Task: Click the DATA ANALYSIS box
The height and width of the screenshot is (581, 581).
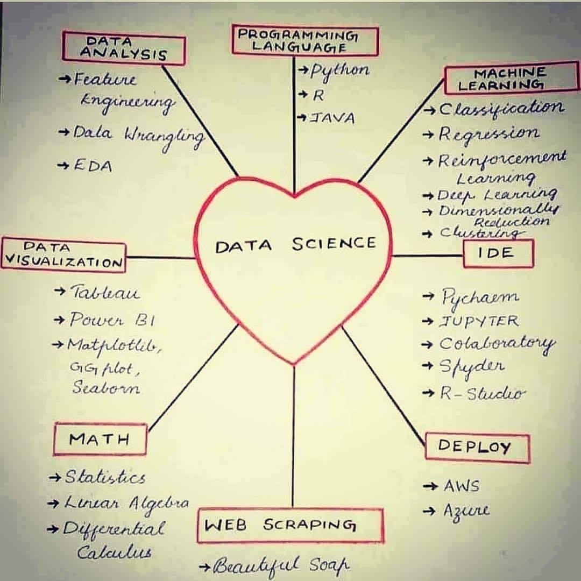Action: pyautogui.click(x=124, y=48)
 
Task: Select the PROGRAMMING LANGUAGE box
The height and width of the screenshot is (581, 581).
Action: pyautogui.click(x=305, y=41)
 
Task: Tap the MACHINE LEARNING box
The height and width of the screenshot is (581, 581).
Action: pyautogui.click(x=511, y=79)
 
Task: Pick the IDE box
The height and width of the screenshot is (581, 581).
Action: pyautogui.click(x=498, y=253)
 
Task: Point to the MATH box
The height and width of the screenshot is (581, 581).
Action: pyautogui.click(x=100, y=439)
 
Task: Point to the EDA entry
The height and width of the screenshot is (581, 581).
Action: pyautogui.click(x=93, y=166)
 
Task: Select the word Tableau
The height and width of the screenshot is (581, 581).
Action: pyautogui.click(x=105, y=293)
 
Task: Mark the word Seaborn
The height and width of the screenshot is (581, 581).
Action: pyautogui.click(x=106, y=388)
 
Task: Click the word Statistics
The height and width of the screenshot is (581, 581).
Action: pyautogui.click(x=105, y=477)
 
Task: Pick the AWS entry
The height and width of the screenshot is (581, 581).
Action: pyautogui.click(x=461, y=486)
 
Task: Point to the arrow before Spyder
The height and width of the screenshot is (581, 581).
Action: pyautogui.click(x=428, y=366)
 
